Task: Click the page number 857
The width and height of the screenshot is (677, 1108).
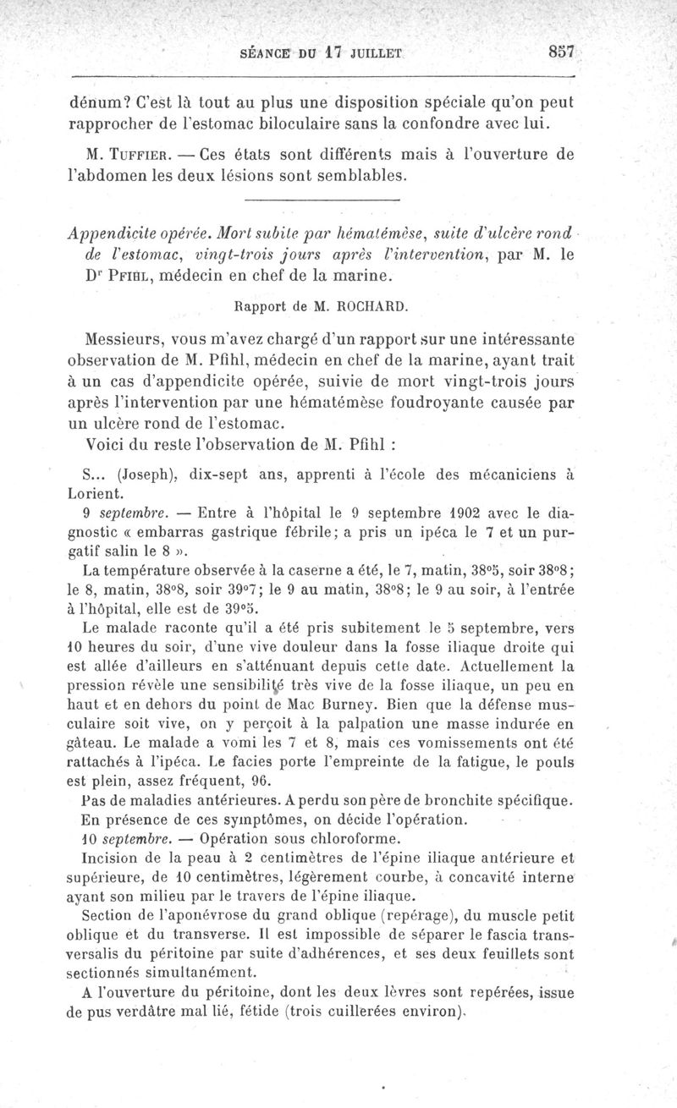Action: click(x=561, y=51)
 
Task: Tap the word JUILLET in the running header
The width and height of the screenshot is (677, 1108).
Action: click(x=369, y=52)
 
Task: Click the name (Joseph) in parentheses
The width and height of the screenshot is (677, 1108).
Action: click(x=146, y=475)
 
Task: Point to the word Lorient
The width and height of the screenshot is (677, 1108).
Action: click(x=96, y=491)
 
